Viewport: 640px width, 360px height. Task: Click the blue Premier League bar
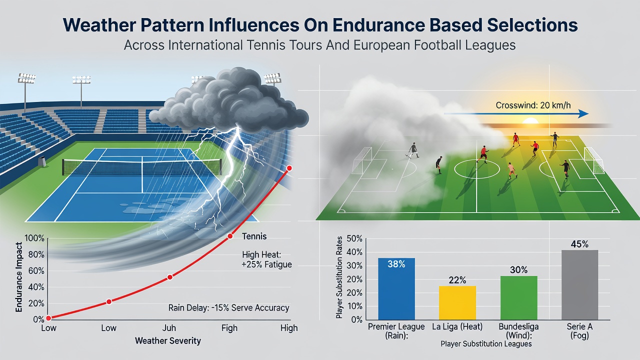[396, 289]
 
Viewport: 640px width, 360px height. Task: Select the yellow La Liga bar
[457, 303]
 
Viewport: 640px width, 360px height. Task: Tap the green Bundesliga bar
[518, 297]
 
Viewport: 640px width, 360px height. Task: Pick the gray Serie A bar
[579, 285]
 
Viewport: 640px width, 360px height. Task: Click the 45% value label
[579, 244]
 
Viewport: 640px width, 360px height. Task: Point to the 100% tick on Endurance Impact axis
[34, 238]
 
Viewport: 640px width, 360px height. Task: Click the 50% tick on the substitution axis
[354, 238]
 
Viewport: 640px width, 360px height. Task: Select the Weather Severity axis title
[168, 341]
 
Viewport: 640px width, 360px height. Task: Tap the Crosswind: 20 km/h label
[533, 105]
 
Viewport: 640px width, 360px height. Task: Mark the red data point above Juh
[169, 277]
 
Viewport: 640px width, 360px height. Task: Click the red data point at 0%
[48, 318]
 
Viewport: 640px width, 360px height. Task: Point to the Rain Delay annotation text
[228, 307]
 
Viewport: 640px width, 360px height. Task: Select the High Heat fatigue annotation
[267, 259]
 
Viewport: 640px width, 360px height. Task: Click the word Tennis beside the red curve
[254, 236]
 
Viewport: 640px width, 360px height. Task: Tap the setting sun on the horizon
[530, 121]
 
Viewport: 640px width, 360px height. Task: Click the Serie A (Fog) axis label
[579, 330]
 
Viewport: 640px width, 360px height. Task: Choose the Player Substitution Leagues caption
[486, 343]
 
